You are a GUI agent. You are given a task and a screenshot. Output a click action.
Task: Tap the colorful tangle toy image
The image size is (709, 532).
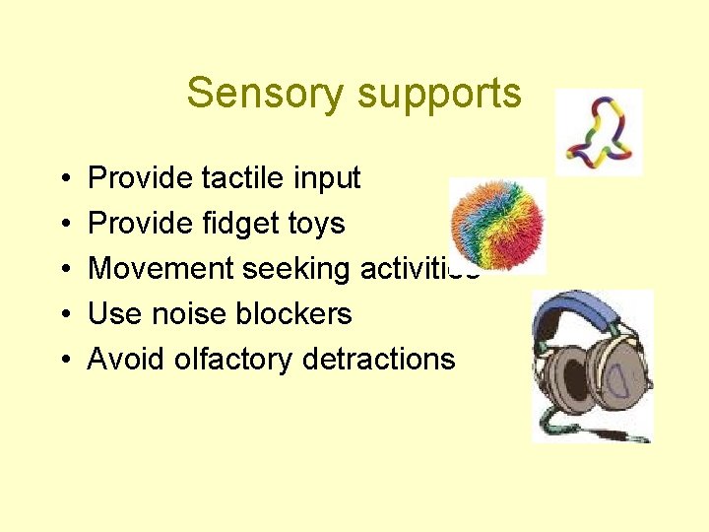pyautogui.click(x=598, y=134)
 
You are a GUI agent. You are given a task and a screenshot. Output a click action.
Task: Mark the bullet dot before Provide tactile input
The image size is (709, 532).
pyautogui.click(x=64, y=179)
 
